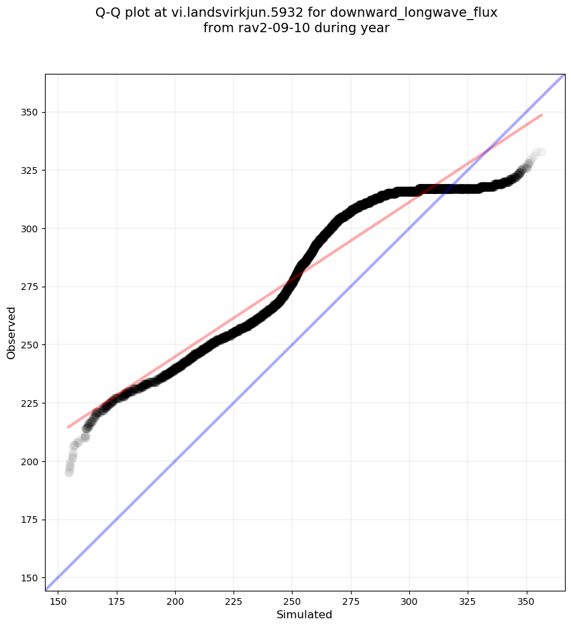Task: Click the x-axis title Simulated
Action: pyautogui.click(x=304, y=614)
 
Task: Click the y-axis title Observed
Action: pyautogui.click(x=11, y=332)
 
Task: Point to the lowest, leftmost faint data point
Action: pyautogui.click(x=69, y=473)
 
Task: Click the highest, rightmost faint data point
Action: pyautogui.click(x=541, y=152)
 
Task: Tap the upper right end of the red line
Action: pyautogui.click(x=541, y=115)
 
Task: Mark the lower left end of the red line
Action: pyautogui.click(x=68, y=427)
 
